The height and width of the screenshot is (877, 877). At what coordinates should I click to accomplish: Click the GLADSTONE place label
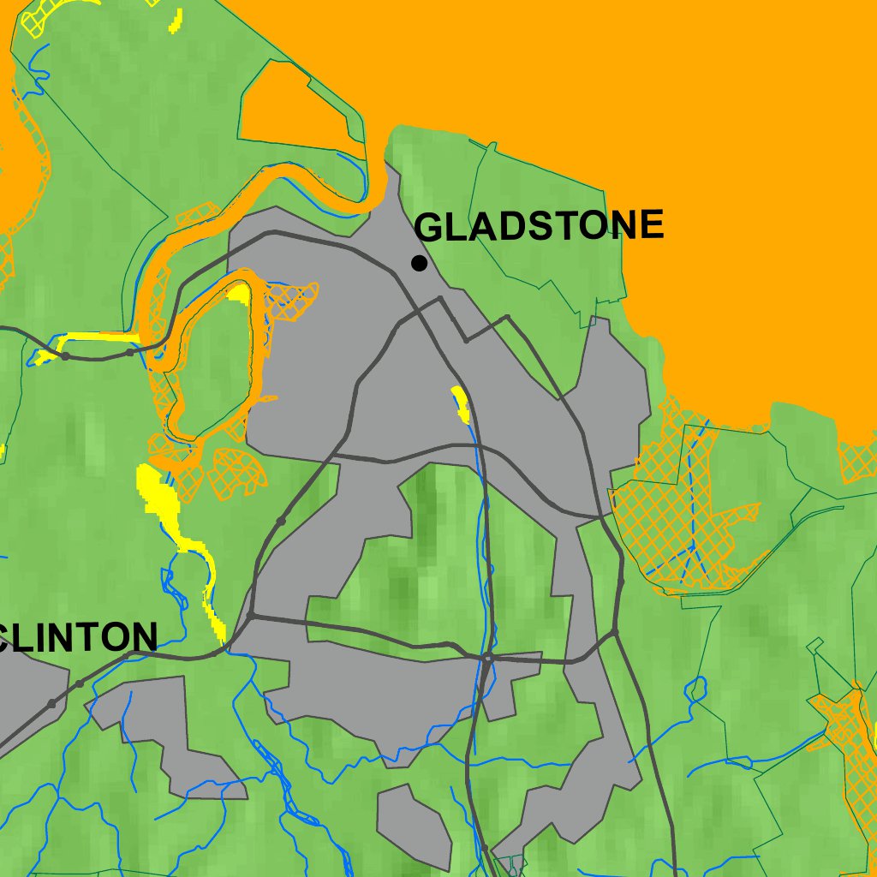(539, 226)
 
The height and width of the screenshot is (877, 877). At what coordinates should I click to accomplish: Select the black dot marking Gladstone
(419, 263)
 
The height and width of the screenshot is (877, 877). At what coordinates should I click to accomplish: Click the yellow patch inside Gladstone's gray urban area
(461, 403)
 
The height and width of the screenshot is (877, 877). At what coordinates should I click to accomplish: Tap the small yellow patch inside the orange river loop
(241, 294)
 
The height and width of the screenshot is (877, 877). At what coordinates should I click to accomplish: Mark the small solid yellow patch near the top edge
(176, 19)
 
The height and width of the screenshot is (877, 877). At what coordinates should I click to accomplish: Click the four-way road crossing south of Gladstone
(486, 659)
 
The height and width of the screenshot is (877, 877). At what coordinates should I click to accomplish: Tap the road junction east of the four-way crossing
(616, 633)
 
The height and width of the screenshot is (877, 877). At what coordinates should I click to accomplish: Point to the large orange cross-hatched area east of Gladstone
(677, 514)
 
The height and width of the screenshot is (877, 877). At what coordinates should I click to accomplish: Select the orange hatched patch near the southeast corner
(848, 728)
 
